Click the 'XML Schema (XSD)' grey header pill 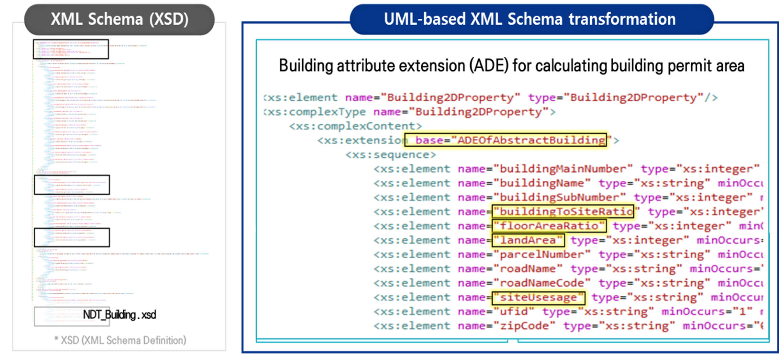tap(119, 19)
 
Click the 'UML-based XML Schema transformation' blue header tap(530, 19)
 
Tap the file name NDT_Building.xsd tap(119, 314)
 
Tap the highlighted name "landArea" tap(528, 240)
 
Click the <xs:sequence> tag tap(391, 155)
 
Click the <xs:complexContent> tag tap(355, 126)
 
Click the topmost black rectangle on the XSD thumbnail tap(71, 49)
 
